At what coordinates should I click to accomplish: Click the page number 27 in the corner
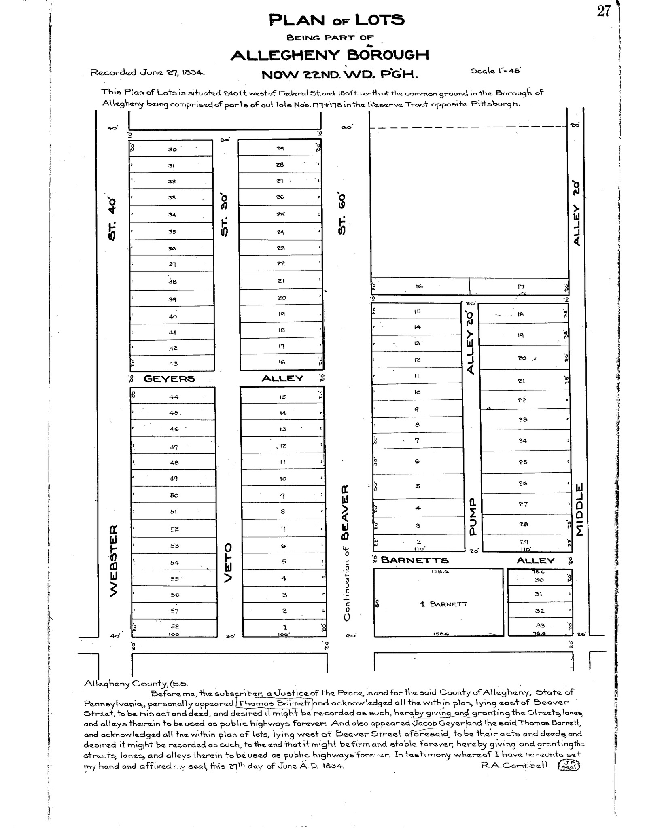603,11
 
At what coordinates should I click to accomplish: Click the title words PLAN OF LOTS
336,20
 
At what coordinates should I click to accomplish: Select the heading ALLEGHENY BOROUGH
330,55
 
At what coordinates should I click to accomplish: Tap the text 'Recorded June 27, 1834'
147,73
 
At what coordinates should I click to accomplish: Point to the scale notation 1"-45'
495,71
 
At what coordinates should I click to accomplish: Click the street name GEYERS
170,379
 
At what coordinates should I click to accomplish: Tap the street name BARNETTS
415,561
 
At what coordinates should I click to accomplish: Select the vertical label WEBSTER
114,560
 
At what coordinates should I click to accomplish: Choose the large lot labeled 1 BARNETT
444,604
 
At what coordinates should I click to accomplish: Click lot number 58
174,626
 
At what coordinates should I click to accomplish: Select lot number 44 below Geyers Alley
174,397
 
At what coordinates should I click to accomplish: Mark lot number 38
173,282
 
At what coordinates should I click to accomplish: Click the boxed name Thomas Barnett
274,703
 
